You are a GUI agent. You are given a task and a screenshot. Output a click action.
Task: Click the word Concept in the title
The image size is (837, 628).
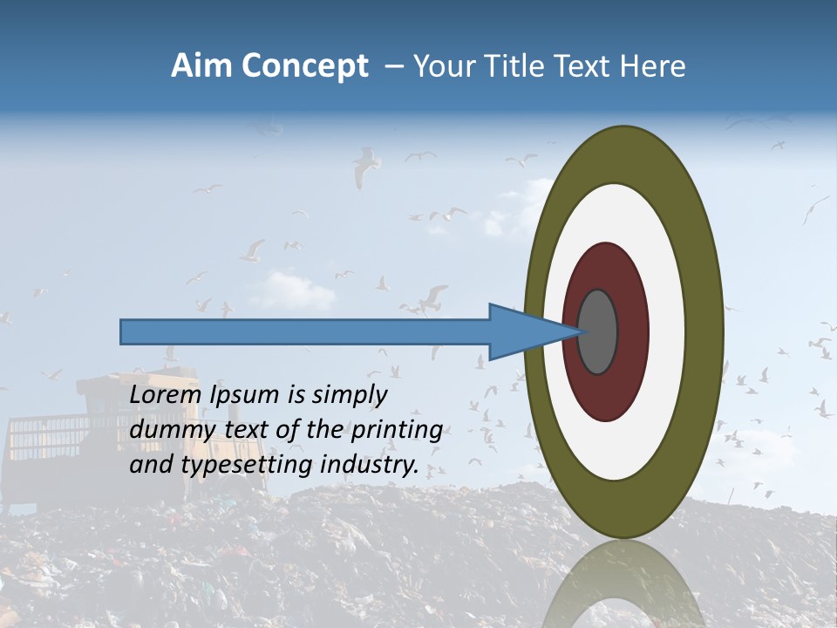coord(306,66)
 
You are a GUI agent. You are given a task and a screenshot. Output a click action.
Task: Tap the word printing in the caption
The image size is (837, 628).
coord(396,430)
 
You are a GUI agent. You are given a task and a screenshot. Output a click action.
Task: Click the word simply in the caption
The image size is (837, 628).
coord(350,395)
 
